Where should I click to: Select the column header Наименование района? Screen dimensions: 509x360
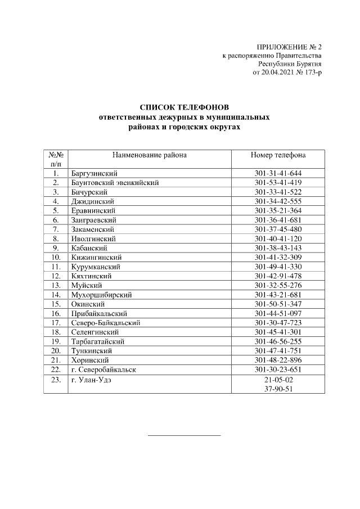pyautogui.click(x=149, y=155)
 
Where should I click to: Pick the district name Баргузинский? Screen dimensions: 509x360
pyautogui.click(x=94, y=173)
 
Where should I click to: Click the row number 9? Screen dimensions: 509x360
pyautogui.click(x=56, y=248)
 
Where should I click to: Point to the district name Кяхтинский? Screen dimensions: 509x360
pyautogui.click(x=91, y=276)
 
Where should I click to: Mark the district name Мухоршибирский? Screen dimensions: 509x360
pyautogui.click(x=101, y=295)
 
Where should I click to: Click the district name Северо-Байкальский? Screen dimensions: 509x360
pyautogui.click(x=106, y=323)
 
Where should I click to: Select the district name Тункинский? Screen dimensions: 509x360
pyautogui.click(x=92, y=350)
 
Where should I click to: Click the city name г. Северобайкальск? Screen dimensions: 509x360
pyautogui.click(x=104, y=370)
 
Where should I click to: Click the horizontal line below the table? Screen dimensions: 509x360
pyautogui.click(x=184, y=435)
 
